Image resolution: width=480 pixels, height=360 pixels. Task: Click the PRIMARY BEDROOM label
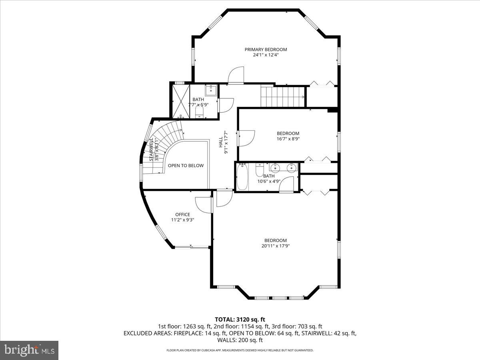(x=266, y=50)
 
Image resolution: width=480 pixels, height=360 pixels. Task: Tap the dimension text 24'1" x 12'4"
(x=266, y=55)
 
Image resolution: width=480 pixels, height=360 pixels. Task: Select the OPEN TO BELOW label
(x=186, y=166)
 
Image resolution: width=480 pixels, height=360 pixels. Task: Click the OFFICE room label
(x=182, y=215)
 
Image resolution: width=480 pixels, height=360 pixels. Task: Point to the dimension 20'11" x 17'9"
(x=275, y=246)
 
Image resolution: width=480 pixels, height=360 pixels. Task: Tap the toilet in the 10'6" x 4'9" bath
(x=259, y=171)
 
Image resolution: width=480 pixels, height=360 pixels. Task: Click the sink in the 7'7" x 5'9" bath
(x=211, y=90)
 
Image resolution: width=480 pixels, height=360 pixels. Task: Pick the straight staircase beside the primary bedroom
(x=282, y=96)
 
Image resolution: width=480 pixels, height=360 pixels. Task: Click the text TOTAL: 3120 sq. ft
(x=240, y=320)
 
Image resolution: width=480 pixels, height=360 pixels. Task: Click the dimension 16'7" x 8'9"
(x=288, y=139)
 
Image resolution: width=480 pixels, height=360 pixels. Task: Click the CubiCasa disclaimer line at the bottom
(x=240, y=350)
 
